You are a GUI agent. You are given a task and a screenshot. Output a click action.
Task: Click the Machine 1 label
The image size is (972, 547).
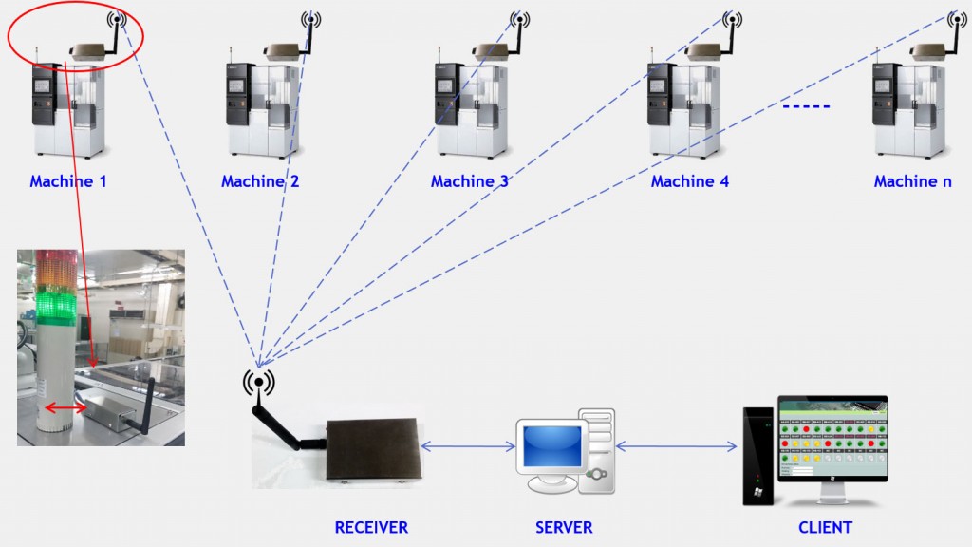click(x=67, y=181)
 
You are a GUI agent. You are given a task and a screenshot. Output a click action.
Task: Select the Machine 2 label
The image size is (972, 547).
click(x=260, y=181)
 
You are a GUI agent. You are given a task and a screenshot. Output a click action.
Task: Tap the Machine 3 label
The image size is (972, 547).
click(x=469, y=181)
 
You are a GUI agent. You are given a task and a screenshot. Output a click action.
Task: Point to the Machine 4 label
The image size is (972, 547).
click(x=689, y=181)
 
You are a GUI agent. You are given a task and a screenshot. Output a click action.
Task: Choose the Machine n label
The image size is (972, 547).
click(x=912, y=181)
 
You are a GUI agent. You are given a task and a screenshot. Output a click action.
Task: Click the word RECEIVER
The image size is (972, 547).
click(x=371, y=527)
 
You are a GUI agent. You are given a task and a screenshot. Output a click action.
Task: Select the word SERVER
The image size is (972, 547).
click(x=564, y=527)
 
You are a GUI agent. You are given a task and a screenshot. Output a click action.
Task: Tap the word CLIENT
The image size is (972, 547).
click(x=825, y=527)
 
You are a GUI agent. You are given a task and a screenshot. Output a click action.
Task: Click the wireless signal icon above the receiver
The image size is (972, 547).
click(x=258, y=382)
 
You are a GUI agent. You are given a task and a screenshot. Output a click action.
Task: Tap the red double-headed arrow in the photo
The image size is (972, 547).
click(x=65, y=408)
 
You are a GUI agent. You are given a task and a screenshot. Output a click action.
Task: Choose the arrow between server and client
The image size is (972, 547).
click(x=678, y=445)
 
